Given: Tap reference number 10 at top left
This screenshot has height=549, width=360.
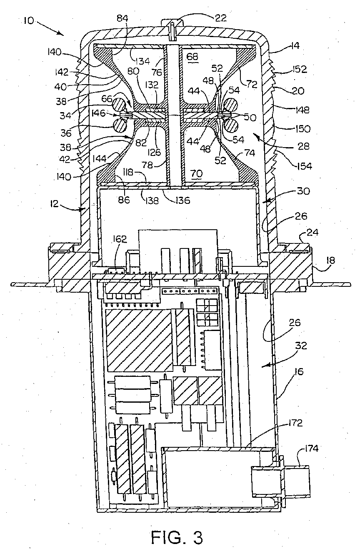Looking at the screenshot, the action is point(29,20).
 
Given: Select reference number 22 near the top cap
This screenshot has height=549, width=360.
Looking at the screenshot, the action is point(220,18).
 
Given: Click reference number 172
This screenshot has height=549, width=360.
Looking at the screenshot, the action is point(295,423).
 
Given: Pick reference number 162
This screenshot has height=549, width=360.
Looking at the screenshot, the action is point(120,239).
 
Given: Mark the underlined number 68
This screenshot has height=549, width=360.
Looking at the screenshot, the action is point(192,57).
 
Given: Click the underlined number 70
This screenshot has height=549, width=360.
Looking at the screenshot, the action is point(196,173).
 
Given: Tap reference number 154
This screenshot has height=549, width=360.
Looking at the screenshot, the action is point(305,166).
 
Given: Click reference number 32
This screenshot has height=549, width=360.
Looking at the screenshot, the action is point(301,346).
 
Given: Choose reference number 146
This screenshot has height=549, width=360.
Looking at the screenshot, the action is point(98,113).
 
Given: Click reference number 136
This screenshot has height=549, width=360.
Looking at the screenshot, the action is point(182,200).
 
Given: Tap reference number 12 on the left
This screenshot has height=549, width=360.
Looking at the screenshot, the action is point(55,204).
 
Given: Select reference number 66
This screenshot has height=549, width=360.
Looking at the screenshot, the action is point(107,99).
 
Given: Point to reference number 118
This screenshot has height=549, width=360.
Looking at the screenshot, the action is point(128,172).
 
